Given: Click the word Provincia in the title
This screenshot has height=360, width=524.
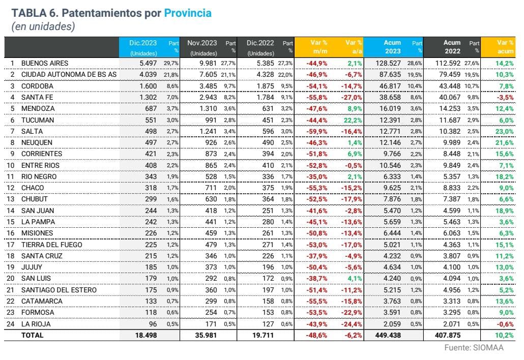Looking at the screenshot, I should [187, 13].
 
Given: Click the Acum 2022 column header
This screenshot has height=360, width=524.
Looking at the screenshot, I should [451, 47].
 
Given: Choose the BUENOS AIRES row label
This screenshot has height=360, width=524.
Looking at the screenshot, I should [45, 63].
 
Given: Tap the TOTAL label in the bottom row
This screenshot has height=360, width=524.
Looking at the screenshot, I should [33, 335].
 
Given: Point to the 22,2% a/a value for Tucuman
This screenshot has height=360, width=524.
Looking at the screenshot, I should [353, 119].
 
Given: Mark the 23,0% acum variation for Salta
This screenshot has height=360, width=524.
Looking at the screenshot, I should [505, 131].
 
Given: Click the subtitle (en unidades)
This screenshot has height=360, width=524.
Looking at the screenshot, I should [43, 26].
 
